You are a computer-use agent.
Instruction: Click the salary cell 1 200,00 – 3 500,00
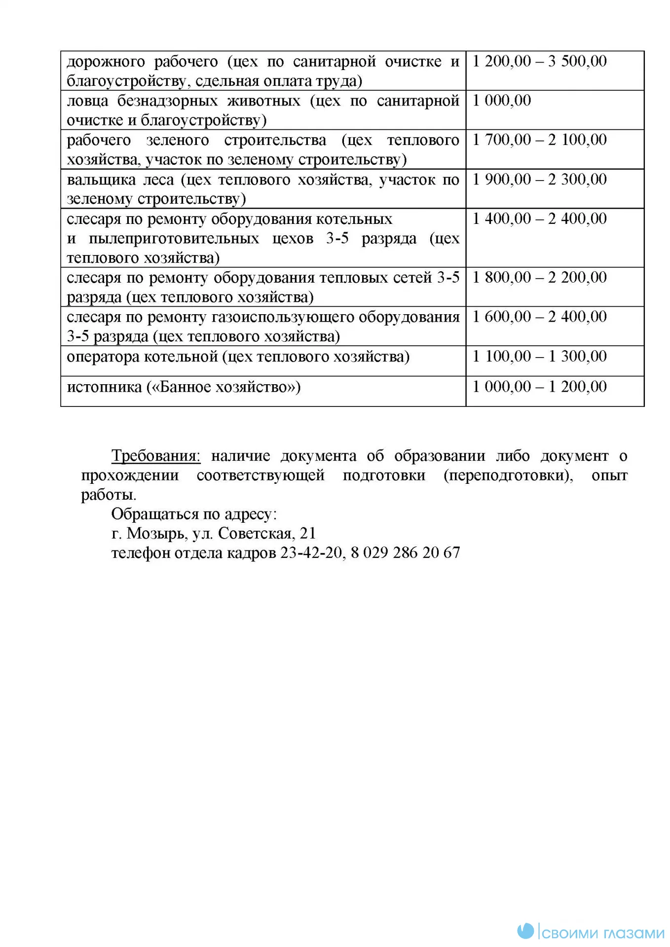tap(539, 61)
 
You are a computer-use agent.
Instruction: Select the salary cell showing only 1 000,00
tap(501, 101)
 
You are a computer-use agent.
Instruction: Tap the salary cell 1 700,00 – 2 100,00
tap(539, 140)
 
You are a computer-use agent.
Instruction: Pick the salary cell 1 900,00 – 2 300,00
tap(539, 180)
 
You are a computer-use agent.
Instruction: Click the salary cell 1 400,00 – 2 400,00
tap(539, 219)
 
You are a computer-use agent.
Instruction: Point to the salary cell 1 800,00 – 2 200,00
tap(539, 278)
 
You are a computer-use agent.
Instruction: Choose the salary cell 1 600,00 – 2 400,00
tap(539, 317)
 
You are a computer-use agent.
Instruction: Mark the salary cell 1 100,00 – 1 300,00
tap(539, 356)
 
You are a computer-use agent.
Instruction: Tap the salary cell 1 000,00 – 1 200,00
tap(539, 387)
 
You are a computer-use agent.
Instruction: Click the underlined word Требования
tap(156, 456)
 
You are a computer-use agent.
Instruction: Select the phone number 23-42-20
tap(311, 553)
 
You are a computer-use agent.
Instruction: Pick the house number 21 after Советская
tap(307, 534)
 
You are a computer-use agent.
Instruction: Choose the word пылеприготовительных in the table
tap(174, 239)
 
